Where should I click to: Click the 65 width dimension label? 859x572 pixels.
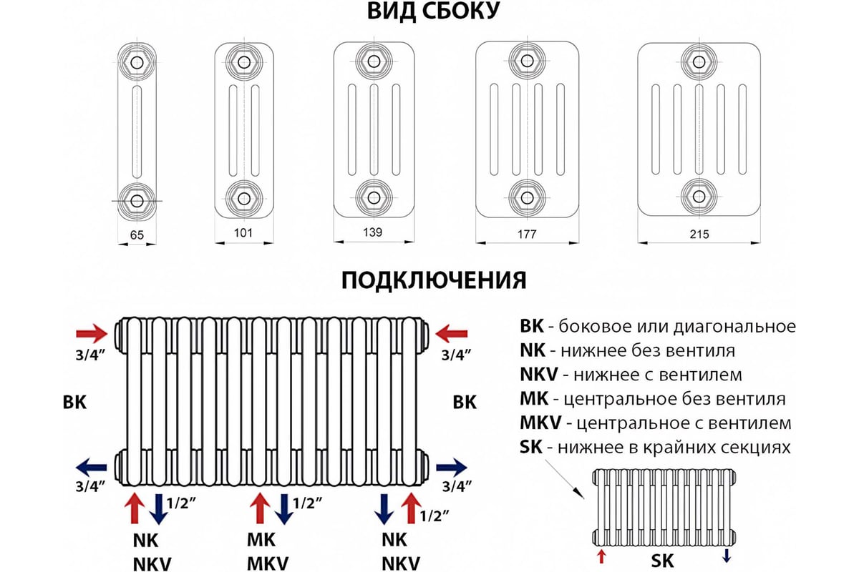click(137, 235)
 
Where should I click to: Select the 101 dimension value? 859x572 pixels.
click(243, 232)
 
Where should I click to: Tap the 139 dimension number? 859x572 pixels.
click(373, 232)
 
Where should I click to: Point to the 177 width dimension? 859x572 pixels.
click(527, 234)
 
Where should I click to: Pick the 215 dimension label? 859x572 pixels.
click(699, 234)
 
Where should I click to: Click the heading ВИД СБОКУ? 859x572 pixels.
click(434, 11)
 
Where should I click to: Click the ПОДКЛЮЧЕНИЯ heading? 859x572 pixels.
click(434, 280)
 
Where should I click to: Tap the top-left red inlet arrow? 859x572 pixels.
click(92, 333)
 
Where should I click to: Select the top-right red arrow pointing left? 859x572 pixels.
click(452, 334)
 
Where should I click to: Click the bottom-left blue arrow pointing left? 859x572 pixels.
click(92, 467)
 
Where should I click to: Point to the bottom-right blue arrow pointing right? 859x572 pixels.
click(452, 468)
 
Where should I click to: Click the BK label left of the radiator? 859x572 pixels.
click(74, 403)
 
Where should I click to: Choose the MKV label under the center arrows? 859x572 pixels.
click(268, 563)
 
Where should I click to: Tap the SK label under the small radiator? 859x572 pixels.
click(662, 561)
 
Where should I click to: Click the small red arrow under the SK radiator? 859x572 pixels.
click(601, 556)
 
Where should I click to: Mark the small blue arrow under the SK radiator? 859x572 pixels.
click(726, 556)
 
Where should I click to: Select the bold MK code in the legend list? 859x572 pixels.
click(534, 399)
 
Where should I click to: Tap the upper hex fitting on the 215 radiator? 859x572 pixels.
click(699, 61)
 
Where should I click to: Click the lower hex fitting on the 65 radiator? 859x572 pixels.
click(137, 200)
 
